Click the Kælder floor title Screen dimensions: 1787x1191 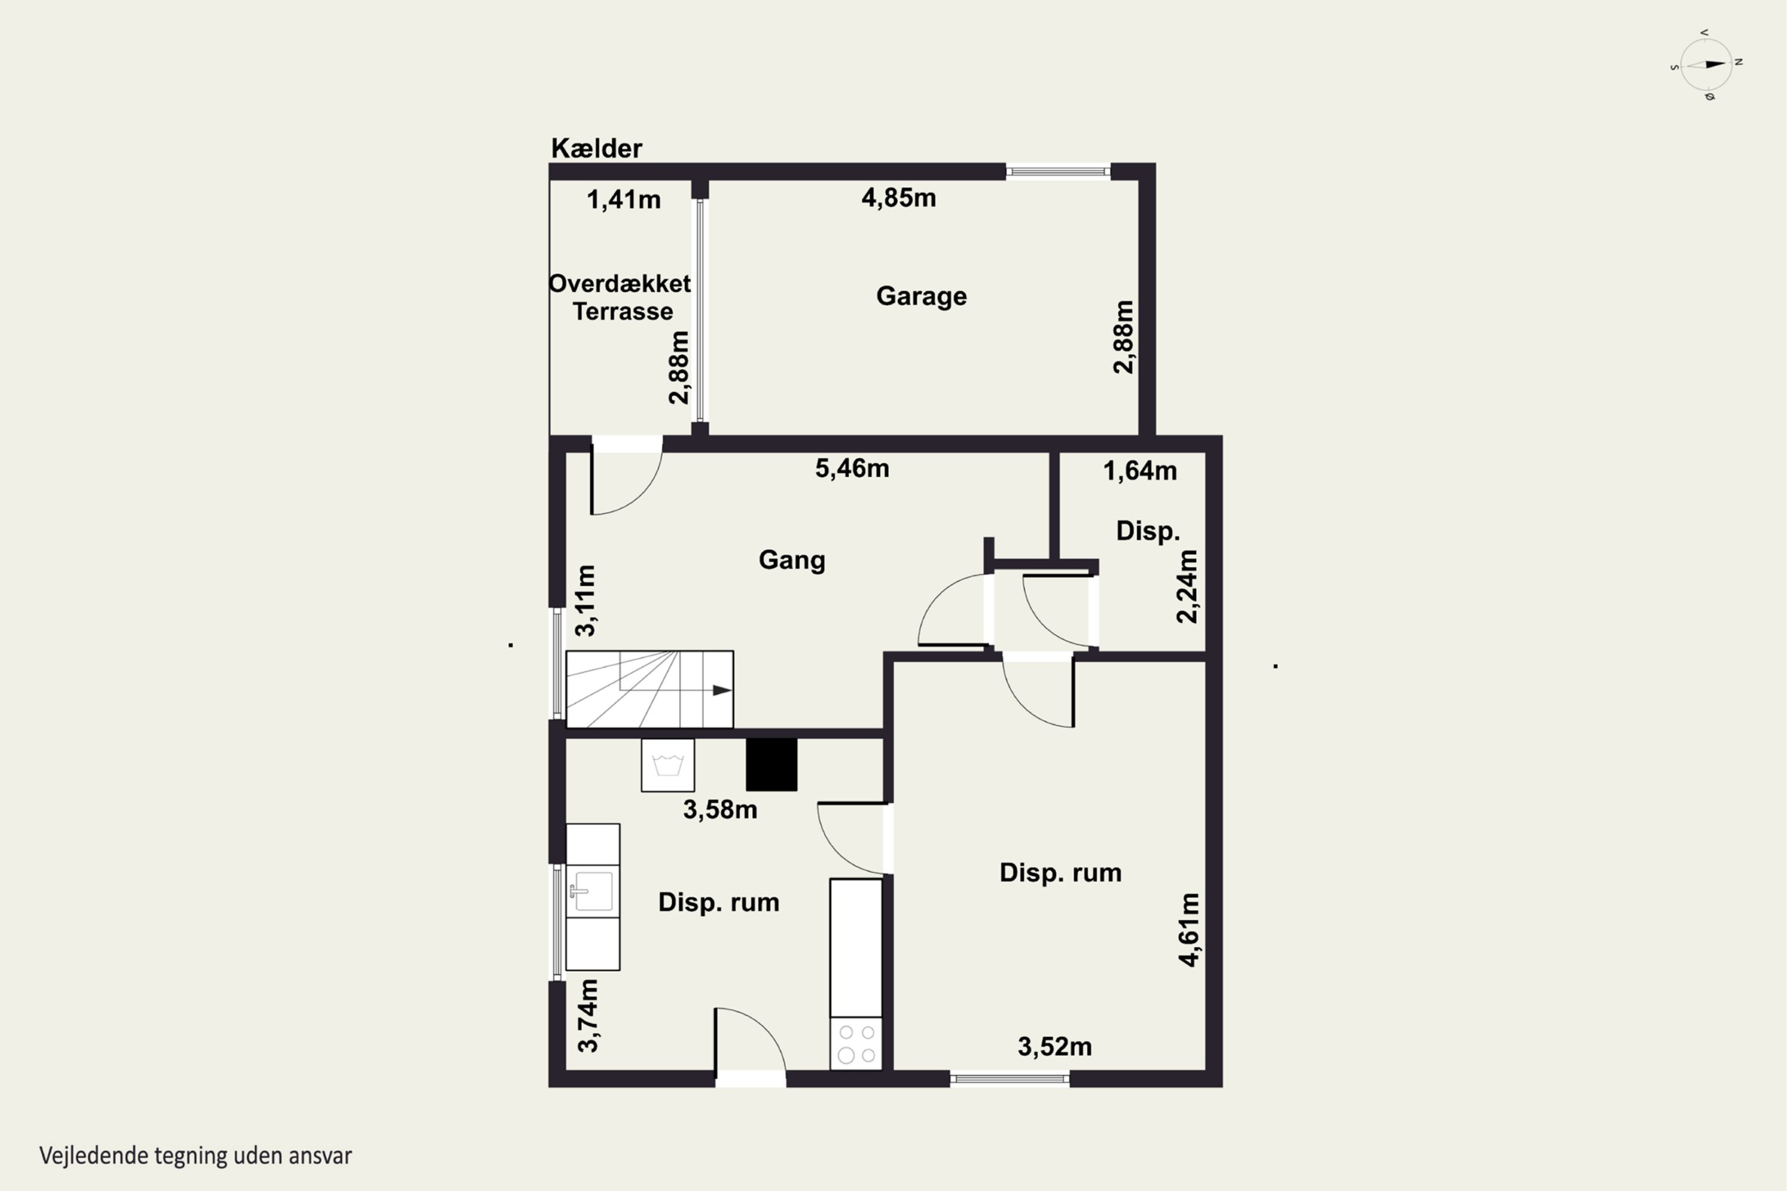[596, 148]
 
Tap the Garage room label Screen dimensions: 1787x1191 [921, 296]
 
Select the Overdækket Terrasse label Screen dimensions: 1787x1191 [621, 297]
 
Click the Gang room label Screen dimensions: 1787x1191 [792, 561]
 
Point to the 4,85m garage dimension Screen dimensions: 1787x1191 [898, 198]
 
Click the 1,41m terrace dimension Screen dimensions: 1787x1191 [624, 200]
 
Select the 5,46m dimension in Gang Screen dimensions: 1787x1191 [852, 469]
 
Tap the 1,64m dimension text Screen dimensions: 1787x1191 [1140, 471]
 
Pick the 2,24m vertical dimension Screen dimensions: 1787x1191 [1187, 586]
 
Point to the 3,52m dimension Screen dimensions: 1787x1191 [1055, 1047]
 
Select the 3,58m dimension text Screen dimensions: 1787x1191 [720, 810]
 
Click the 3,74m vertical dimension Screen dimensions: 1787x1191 [588, 1016]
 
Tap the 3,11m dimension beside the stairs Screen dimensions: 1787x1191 [585, 601]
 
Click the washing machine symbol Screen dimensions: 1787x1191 [668, 765]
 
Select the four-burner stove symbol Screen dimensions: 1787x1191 [856, 1044]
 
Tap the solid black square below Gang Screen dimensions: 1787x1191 [771, 765]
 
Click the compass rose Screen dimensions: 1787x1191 [1707, 64]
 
